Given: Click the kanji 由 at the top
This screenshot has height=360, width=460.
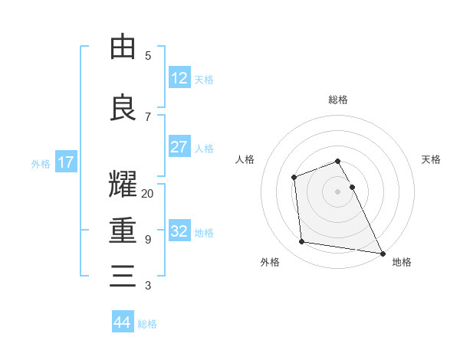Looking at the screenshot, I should pos(123,47).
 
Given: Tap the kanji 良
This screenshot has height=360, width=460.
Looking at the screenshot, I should pos(123,107).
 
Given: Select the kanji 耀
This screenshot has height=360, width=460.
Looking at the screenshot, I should pos(123,185).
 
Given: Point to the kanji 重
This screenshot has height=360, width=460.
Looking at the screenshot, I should pos(123,231).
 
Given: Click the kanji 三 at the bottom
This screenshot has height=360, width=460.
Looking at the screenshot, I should pos(123,276).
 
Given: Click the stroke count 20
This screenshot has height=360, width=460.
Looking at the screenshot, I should pos(147,194).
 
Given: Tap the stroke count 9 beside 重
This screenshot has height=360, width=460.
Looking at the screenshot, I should pos(147,240).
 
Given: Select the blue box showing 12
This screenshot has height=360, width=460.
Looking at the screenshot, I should pos(179,77).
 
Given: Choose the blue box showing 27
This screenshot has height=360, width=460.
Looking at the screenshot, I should pos(179,147).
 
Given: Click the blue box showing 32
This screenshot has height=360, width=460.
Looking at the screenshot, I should pos(179,231).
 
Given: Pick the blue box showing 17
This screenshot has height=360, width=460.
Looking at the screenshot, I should pos(65,162).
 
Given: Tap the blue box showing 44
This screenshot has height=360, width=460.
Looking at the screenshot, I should pos(123,322).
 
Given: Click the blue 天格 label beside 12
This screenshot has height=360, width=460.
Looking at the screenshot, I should pos(204,79).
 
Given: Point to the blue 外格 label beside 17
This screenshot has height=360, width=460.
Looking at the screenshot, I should pos(41,163).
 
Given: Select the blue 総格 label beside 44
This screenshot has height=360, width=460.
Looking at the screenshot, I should pos(147,323).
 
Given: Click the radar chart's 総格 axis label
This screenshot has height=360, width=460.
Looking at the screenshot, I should pos(338,100).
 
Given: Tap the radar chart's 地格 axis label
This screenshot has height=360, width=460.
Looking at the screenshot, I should pos(402,262).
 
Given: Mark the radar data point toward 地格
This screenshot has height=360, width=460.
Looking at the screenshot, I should pos(383,254).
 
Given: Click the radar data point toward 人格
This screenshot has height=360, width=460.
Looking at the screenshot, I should pos(294,178).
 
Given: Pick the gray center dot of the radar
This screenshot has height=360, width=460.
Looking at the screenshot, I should pos(338,191).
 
